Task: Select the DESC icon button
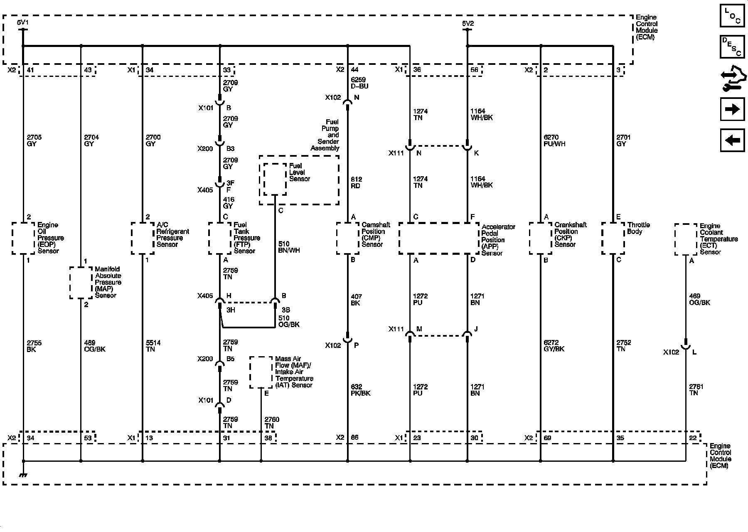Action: point(732,47)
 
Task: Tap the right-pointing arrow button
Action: point(732,109)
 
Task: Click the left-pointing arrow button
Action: point(732,140)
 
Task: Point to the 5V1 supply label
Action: point(23,23)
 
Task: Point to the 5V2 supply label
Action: point(467,24)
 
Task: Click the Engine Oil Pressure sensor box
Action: point(23,238)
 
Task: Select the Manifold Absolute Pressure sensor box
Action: point(81,283)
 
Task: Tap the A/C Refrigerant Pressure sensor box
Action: point(143,238)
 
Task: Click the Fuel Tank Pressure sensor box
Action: point(220,238)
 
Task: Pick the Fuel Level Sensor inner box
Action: point(275,179)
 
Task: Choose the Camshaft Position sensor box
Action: point(348,238)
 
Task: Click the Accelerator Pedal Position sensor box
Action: point(439,238)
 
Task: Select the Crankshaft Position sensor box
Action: point(541,238)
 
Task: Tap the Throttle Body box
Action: point(613,238)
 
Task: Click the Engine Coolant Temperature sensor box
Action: point(686,239)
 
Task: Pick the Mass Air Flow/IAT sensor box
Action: point(261,372)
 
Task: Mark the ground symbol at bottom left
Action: point(23,475)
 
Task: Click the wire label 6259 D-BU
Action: point(359,83)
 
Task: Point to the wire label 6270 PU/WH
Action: point(554,140)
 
